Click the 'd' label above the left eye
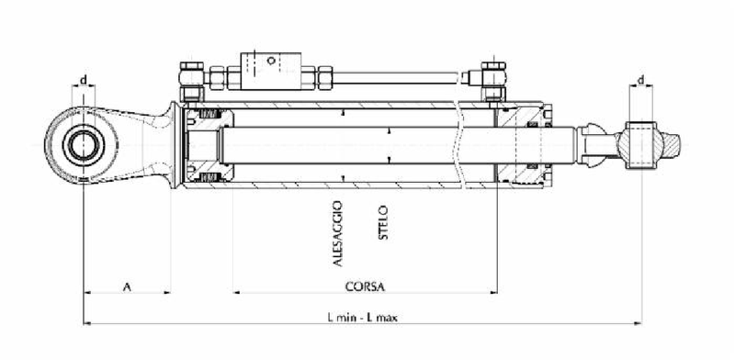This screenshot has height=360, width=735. (84, 81)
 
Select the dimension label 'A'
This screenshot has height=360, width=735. (127, 286)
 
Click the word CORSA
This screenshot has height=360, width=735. (365, 286)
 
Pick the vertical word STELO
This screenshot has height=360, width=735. (384, 223)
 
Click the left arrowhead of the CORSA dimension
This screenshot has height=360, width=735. (237, 293)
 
